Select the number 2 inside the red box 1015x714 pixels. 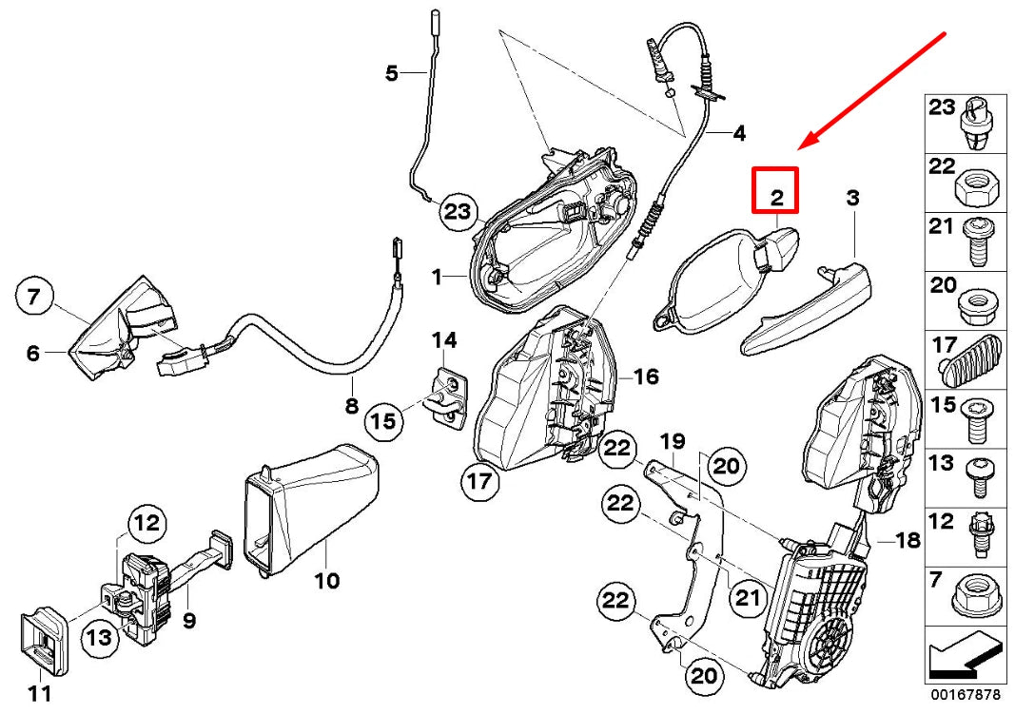(776, 198)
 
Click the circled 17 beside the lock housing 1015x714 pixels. (481, 482)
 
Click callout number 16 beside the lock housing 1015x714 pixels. (646, 377)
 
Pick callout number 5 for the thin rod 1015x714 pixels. (391, 72)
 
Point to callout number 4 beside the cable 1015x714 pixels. (739, 134)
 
